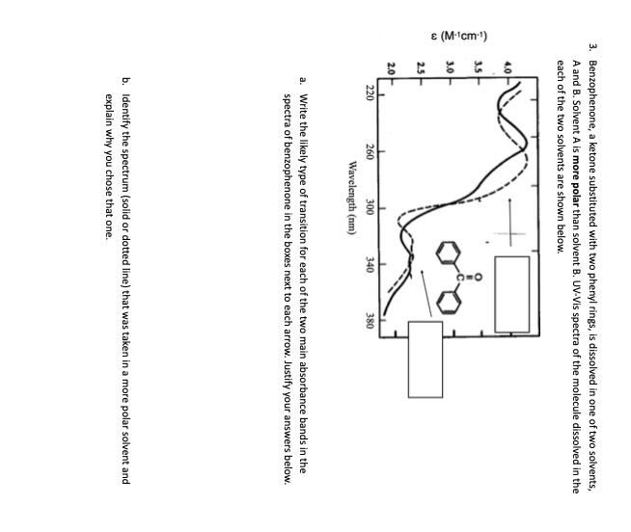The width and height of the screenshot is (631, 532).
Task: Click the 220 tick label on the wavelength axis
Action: (370, 93)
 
